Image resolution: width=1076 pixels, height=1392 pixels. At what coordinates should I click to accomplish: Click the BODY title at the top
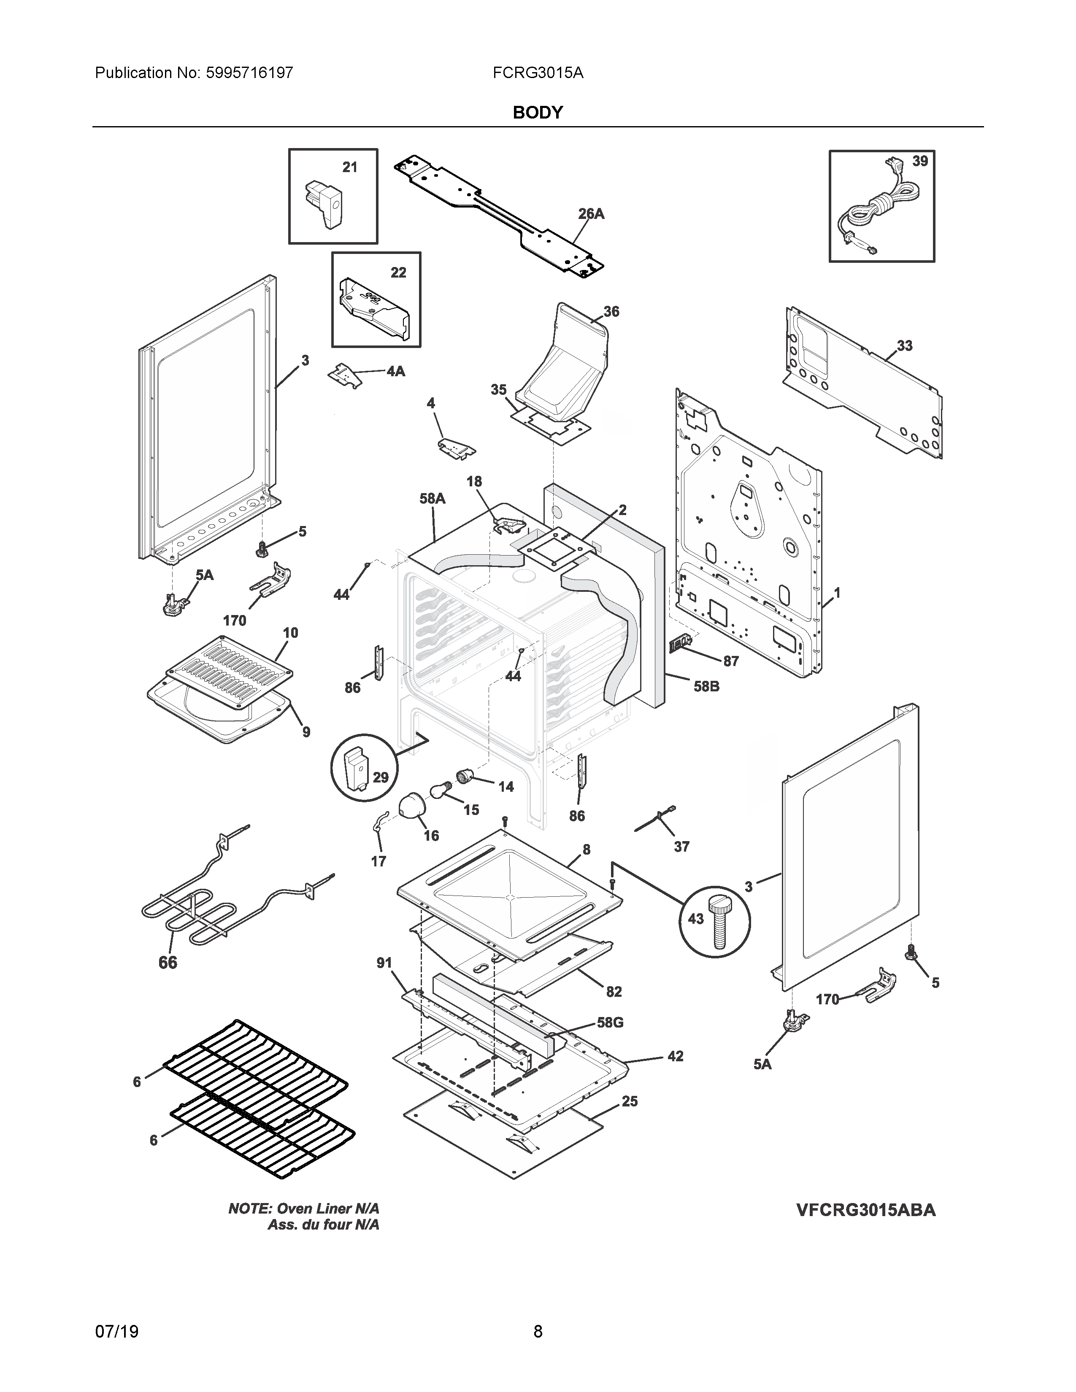tap(537, 113)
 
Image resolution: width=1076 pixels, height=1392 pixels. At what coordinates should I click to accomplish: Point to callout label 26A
tap(591, 214)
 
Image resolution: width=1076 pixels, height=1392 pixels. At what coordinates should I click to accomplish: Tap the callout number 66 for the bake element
tap(168, 963)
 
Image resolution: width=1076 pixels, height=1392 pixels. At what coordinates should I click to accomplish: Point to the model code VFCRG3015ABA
tap(865, 1210)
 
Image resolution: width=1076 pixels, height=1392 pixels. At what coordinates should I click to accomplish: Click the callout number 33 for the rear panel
tap(905, 346)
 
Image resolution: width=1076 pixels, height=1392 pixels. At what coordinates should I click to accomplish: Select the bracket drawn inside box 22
tap(373, 307)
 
